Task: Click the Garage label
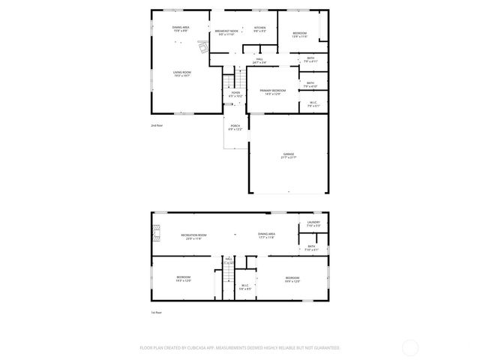pyautogui.click(x=289, y=154)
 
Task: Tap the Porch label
pyautogui.click(x=235, y=127)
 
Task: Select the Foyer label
pyautogui.click(x=235, y=94)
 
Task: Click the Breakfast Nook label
pyautogui.click(x=227, y=31)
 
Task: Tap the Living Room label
pyautogui.click(x=182, y=73)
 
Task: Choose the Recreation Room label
pyautogui.click(x=193, y=236)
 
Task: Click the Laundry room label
pyautogui.click(x=313, y=223)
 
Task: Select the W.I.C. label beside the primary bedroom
pyautogui.click(x=313, y=104)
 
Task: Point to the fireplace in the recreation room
pyautogui.click(x=156, y=235)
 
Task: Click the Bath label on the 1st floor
pyautogui.click(x=312, y=247)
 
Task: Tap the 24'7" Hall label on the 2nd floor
pyautogui.click(x=259, y=61)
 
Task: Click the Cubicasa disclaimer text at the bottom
pyautogui.click(x=240, y=347)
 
